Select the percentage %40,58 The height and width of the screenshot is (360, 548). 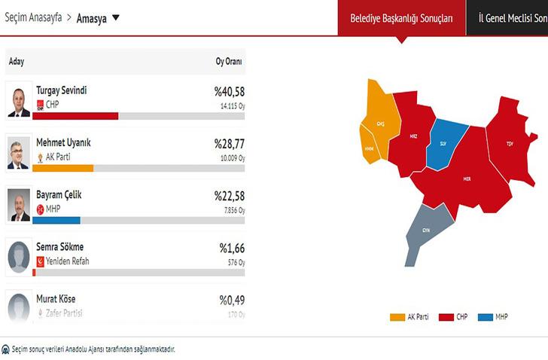(x=229, y=91)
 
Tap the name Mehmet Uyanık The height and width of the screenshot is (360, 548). (x=63, y=142)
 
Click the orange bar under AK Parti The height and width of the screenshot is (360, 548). (x=63, y=168)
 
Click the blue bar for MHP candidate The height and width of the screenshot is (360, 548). (x=56, y=220)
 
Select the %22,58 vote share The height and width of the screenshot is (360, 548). (x=229, y=195)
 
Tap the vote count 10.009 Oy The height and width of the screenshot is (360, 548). (x=231, y=159)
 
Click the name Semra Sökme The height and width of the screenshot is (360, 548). (x=59, y=247)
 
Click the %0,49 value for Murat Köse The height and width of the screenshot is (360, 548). (x=232, y=300)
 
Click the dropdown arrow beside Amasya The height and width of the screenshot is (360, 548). (x=115, y=17)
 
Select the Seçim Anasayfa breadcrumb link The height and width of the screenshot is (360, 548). (x=33, y=17)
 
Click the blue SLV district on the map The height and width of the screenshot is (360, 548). (x=443, y=143)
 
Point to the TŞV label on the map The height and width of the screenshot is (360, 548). (x=510, y=143)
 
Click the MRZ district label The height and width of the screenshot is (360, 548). (x=413, y=136)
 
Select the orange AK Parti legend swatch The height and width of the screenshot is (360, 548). (x=397, y=317)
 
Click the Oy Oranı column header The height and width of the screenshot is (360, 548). (x=228, y=60)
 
